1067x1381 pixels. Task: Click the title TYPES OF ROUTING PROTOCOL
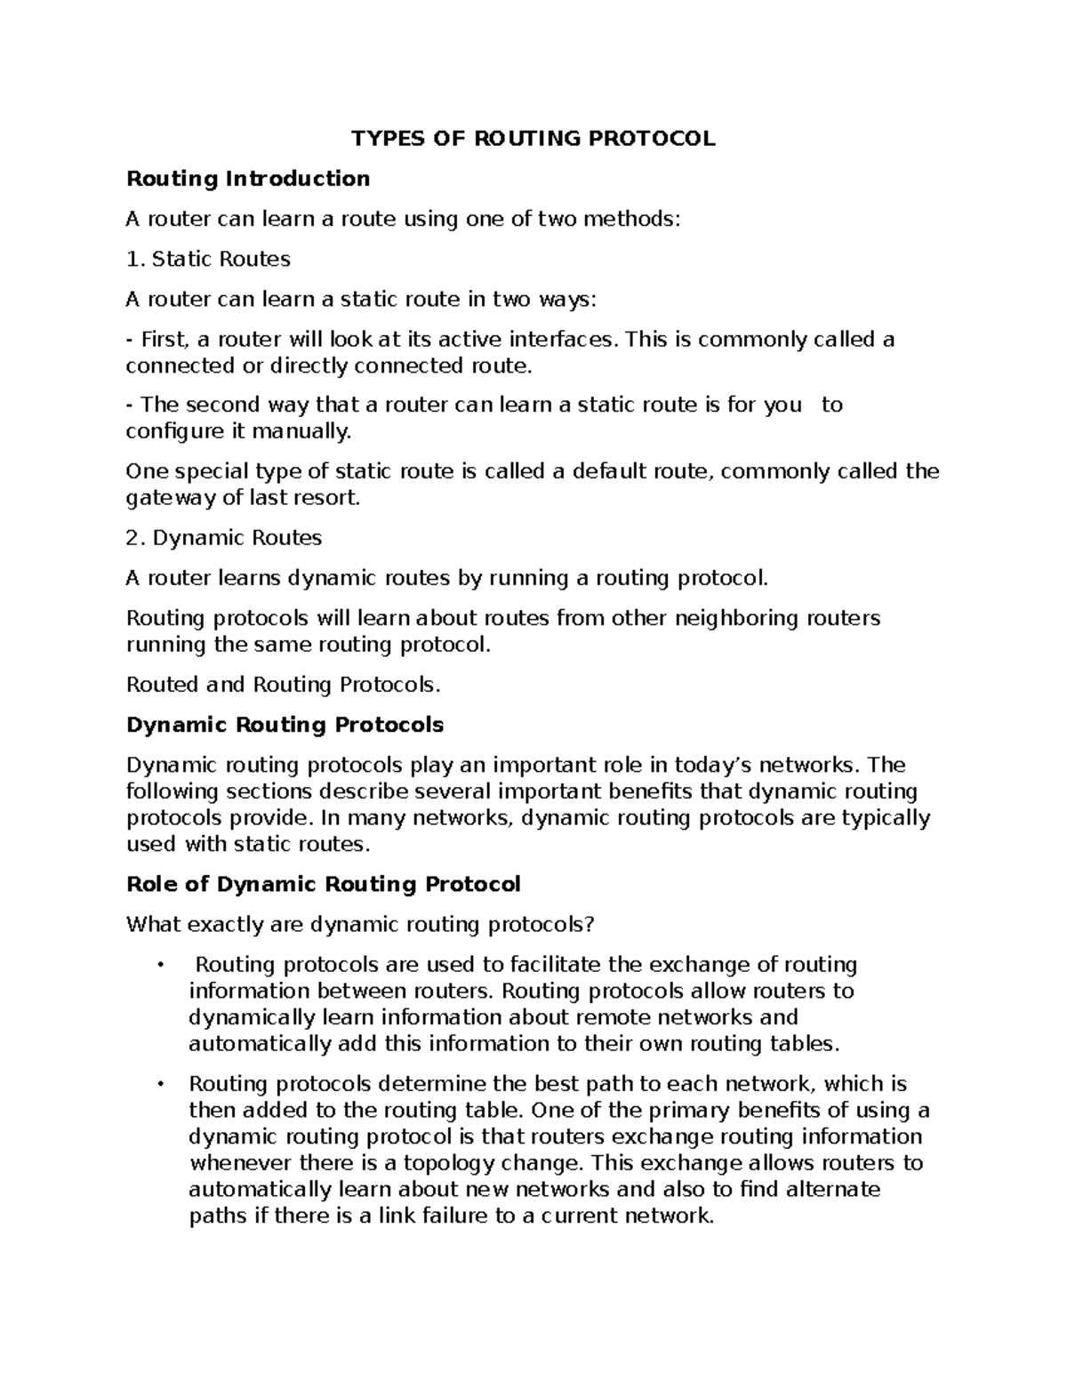click(533, 139)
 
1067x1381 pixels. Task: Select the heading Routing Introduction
click(248, 179)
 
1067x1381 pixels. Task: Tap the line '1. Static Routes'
click(209, 260)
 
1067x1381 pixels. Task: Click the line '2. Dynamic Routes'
click(224, 538)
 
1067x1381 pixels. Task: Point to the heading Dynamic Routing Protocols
click(285, 725)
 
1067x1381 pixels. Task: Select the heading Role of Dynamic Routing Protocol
click(324, 885)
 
